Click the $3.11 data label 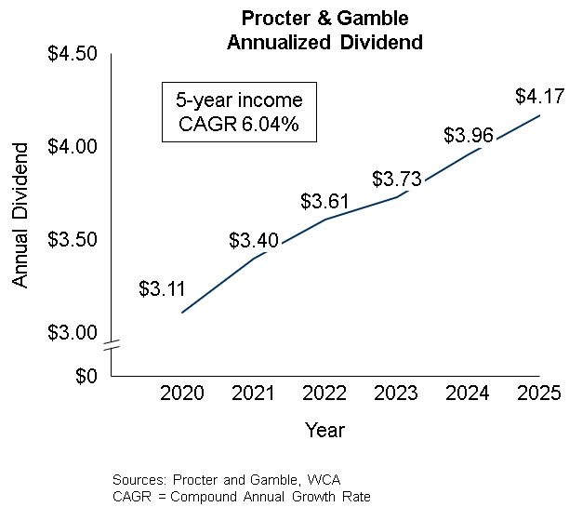click(162, 288)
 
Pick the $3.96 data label click(468, 136)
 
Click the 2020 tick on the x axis click(182, 394)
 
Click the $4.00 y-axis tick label click(73, 147)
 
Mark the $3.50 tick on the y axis click(73, 240)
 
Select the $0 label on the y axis click(86, 376)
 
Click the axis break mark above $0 click(111, 346)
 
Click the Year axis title click(324, 431)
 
